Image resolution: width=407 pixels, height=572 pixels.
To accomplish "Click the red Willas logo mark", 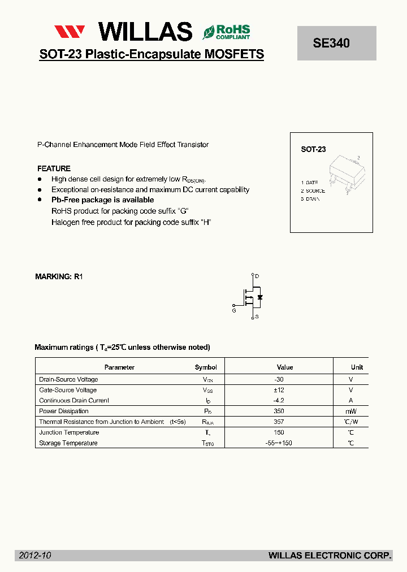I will (70, 32).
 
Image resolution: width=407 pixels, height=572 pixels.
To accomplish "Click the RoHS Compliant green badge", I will (226, 32).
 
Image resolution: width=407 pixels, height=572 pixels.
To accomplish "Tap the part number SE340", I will (331, 43).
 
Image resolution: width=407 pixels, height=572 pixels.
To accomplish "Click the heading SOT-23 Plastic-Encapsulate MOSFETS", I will (151, 54).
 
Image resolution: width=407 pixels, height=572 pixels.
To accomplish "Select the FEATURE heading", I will (54, 168).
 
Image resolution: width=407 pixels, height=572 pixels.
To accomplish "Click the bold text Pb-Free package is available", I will (102, 200).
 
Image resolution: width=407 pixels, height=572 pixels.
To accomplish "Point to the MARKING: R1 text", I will (59, 277).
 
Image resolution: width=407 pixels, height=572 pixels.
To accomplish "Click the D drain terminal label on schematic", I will (257, 276).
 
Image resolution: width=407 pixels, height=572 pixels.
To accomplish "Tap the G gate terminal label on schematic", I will (234, 310).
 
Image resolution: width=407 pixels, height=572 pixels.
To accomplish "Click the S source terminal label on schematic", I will (257, 317).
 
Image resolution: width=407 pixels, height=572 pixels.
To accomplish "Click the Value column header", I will (285, 367).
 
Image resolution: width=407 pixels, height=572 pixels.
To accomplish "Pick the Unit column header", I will (357, 367).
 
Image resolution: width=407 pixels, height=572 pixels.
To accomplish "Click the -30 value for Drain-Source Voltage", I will (279, 380).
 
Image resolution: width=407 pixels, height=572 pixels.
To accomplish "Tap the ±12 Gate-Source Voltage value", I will (279, 391).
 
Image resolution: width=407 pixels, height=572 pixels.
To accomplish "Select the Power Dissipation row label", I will (64, 411).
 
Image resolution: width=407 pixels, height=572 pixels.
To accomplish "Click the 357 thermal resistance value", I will (279, 422).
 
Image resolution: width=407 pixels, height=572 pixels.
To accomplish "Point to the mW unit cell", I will (351, 411).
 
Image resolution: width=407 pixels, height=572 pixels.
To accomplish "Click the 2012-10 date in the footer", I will (35, 556).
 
